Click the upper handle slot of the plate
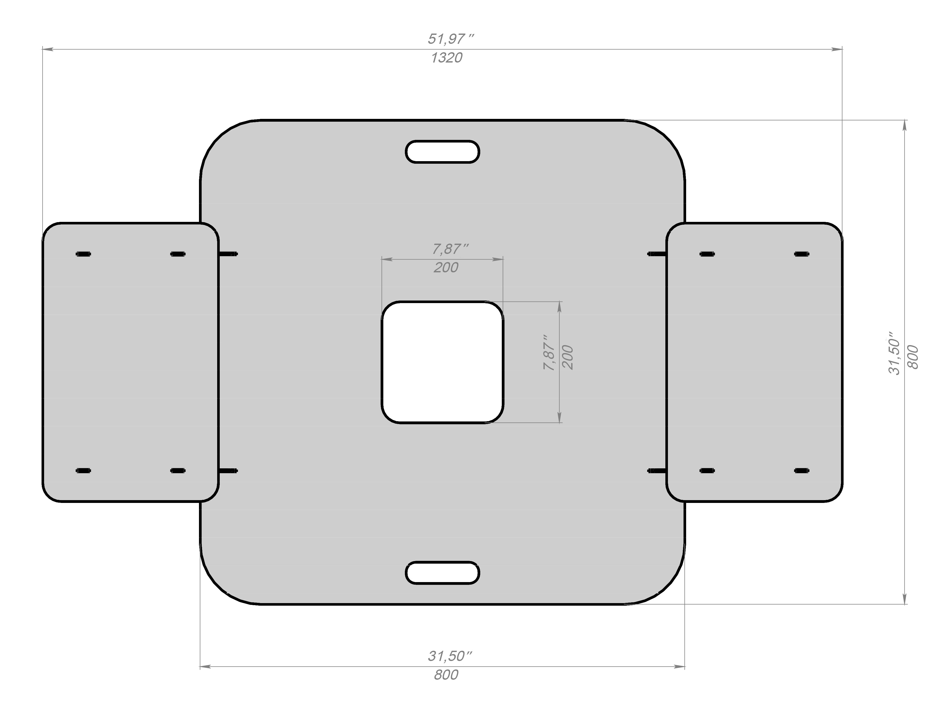(x=442, y=152)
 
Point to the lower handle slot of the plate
(x=442, y=573)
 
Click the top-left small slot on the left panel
(x=83, y=254)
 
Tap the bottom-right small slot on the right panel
(x=801, y=471)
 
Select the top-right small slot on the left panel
(x=178, y=254)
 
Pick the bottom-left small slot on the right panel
(x=707, y=471)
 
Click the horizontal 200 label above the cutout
(x=446, y=267)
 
